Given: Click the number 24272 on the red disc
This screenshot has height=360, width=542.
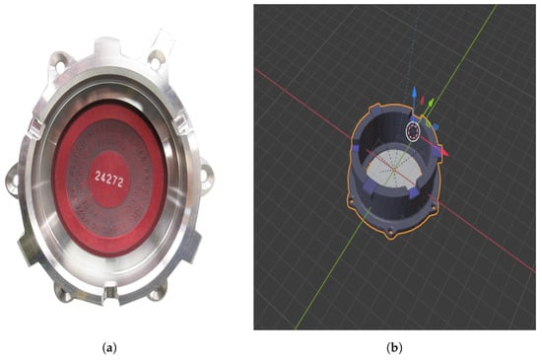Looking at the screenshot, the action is coord(108,180).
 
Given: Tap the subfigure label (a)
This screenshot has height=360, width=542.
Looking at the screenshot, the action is coord(109,347).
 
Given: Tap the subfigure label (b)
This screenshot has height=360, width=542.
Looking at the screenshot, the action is coord(394,347).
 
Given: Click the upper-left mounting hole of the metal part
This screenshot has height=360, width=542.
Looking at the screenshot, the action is coord(60,66).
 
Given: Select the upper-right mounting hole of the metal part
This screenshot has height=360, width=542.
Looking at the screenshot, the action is coord(156,62).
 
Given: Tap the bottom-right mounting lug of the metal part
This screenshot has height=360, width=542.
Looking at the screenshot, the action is coord(156,292).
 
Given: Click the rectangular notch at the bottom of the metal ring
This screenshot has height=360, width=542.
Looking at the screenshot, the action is coord(111,293).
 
